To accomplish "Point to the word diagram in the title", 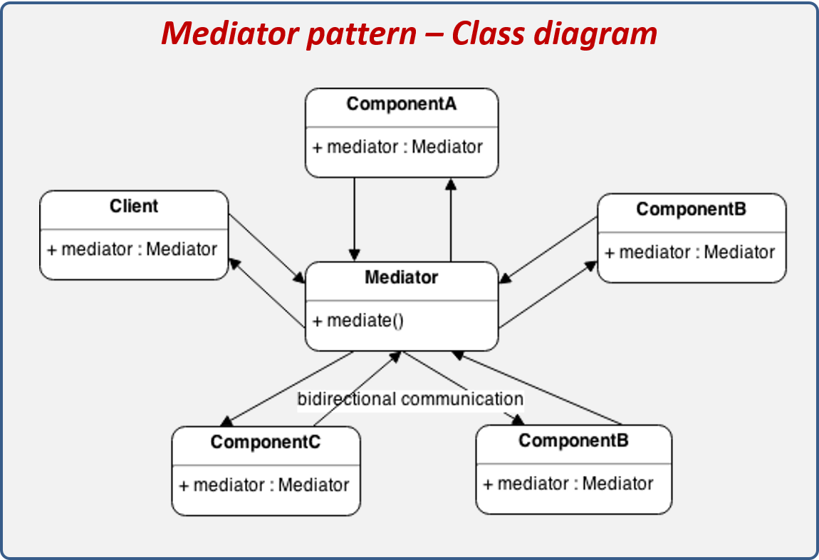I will [602, 33].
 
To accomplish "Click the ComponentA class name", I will [401, 104].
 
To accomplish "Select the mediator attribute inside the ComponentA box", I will [397, 147].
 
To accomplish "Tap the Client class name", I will [134, 207].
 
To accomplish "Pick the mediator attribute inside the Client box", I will [132, 249].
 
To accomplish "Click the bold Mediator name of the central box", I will [401, 277].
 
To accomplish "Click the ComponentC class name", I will [265, 442].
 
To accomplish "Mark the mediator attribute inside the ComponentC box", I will [264, 485].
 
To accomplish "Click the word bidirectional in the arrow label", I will [347, 399].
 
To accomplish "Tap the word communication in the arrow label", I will [462, 399].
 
